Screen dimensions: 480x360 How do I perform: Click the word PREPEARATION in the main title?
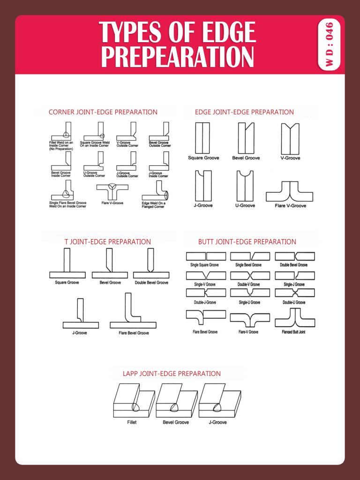(178, 57)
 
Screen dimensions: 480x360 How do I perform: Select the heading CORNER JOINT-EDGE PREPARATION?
(103, 112)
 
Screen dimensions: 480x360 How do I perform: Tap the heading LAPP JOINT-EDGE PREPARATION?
(172, 374)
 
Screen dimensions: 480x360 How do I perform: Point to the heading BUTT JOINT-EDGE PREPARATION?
(247, 242)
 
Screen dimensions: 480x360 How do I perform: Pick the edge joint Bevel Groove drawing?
(246, 138)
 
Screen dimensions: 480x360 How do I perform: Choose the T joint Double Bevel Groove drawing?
(151, 263)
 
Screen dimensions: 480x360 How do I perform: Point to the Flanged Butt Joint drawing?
(294, 318)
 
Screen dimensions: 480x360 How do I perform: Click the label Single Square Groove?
(204, 265)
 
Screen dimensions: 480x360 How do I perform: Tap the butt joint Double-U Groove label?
(294, 302)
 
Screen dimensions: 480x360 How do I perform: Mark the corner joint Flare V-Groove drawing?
(112, 191)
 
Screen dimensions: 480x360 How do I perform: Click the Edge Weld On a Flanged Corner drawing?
(156, 191)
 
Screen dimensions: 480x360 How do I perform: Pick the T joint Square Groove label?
(67, 283)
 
